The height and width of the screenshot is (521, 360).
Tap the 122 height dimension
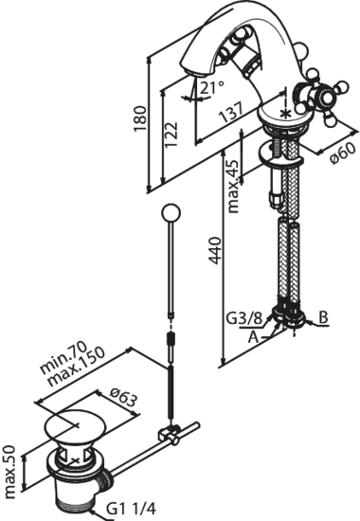171,132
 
